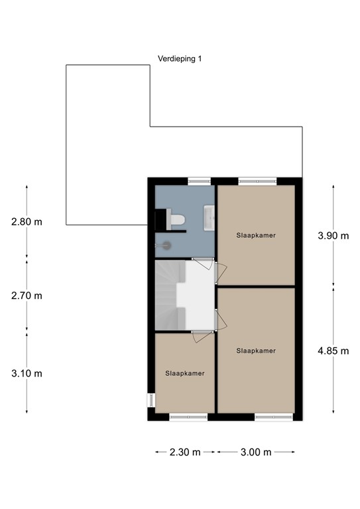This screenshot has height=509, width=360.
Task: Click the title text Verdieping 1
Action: click(x=180, y=59)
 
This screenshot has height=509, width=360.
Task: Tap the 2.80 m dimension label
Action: click(x=27, y=222)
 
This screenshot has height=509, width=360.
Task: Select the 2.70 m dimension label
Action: click(x=27, y=296)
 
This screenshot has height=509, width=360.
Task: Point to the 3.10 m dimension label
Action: click(x=27, y=373)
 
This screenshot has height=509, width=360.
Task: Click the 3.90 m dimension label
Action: click(x=333, y=235)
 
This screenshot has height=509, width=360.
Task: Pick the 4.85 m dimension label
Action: click(x=333, y=351)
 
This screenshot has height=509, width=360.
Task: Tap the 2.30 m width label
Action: click(x=185, y=453)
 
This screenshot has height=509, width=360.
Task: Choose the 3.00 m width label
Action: click(x=257, y=453)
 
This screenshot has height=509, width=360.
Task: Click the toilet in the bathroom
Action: click(x=176, y=220)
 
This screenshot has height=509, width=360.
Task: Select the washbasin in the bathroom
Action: click(x=208, y=216)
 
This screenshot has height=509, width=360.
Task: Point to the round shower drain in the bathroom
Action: click(x=166, y=245)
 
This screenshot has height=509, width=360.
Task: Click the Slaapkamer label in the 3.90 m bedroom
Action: click(x=256, y=235)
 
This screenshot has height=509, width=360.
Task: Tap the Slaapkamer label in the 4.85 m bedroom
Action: click(x=256, y=351)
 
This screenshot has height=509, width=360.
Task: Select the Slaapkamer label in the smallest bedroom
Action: click(x=185, y=373)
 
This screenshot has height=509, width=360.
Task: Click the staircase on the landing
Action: click(x=169, y=294)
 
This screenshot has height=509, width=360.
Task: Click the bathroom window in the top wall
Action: click(x=198, y=180)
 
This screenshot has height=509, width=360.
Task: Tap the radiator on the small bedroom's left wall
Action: click(x=151, y=401)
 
